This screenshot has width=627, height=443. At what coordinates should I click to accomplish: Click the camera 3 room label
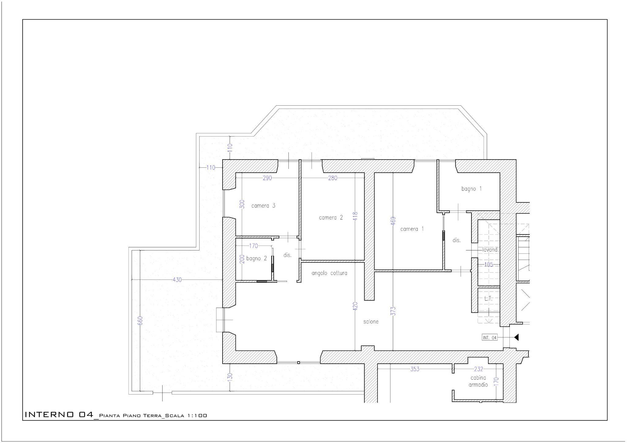263,205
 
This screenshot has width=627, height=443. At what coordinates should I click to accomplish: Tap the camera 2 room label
331,218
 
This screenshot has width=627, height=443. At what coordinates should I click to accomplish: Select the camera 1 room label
412,229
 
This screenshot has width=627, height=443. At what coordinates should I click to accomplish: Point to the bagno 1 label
471,189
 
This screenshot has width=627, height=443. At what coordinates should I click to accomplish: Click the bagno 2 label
257,258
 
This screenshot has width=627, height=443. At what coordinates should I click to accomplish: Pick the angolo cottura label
329,273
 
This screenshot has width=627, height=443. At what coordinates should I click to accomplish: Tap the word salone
371,321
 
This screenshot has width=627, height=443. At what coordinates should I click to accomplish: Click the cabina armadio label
478,381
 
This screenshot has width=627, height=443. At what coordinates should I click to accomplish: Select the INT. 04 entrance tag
490,337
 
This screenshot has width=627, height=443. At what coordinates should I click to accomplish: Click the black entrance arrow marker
516,337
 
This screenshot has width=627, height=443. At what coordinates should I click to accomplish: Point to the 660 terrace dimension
140,321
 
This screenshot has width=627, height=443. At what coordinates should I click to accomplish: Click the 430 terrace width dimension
177,280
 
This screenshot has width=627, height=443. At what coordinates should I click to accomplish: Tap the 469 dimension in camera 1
393,221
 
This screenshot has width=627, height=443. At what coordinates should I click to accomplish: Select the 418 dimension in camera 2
355,216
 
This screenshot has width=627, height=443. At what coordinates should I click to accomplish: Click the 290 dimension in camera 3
267,178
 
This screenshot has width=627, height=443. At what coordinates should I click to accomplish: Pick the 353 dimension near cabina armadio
415,369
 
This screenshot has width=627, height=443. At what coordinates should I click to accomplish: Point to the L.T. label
488,298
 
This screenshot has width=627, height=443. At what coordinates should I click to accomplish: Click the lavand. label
490,250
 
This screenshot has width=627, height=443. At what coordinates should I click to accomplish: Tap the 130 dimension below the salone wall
230,376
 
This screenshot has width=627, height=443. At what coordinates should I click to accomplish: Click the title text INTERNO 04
59,415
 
